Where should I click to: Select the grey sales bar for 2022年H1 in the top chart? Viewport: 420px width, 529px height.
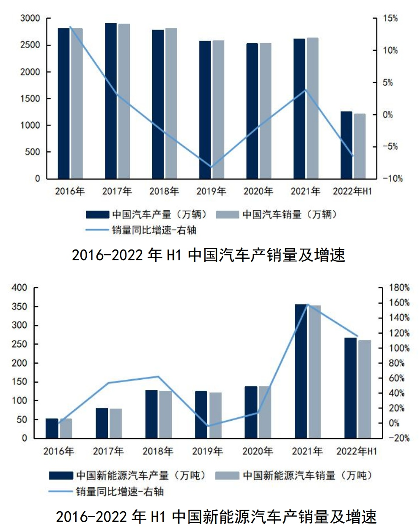coord(360,146)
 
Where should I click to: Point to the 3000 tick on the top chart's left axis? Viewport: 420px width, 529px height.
coord(30,19)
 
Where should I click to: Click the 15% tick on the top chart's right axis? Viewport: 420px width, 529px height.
coord(390,19)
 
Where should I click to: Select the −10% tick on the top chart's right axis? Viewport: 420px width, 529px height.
coord(393,178)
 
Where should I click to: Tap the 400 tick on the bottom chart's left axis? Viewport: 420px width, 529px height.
coord(19,288)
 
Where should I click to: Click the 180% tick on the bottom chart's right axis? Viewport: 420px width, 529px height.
coord(399,288)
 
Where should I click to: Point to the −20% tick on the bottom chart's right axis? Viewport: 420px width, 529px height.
coord(399,439)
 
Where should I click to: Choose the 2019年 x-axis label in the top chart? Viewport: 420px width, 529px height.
coord(211,192)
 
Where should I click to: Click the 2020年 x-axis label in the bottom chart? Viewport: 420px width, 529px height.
coord(257,451)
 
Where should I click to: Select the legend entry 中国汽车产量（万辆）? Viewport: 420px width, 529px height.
coord(146,215)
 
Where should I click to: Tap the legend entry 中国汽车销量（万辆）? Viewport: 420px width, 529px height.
coord(277,215)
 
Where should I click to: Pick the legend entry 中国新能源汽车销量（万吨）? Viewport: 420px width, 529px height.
coord(294,476)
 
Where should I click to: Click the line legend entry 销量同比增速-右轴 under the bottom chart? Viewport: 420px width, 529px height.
coord(106,491)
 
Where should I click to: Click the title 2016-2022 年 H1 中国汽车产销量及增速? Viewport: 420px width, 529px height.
coord(209,255)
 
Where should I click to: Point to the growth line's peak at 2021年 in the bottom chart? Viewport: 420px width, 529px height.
coord(307,304)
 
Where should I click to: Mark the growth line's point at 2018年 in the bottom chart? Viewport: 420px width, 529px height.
coord(158,376)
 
